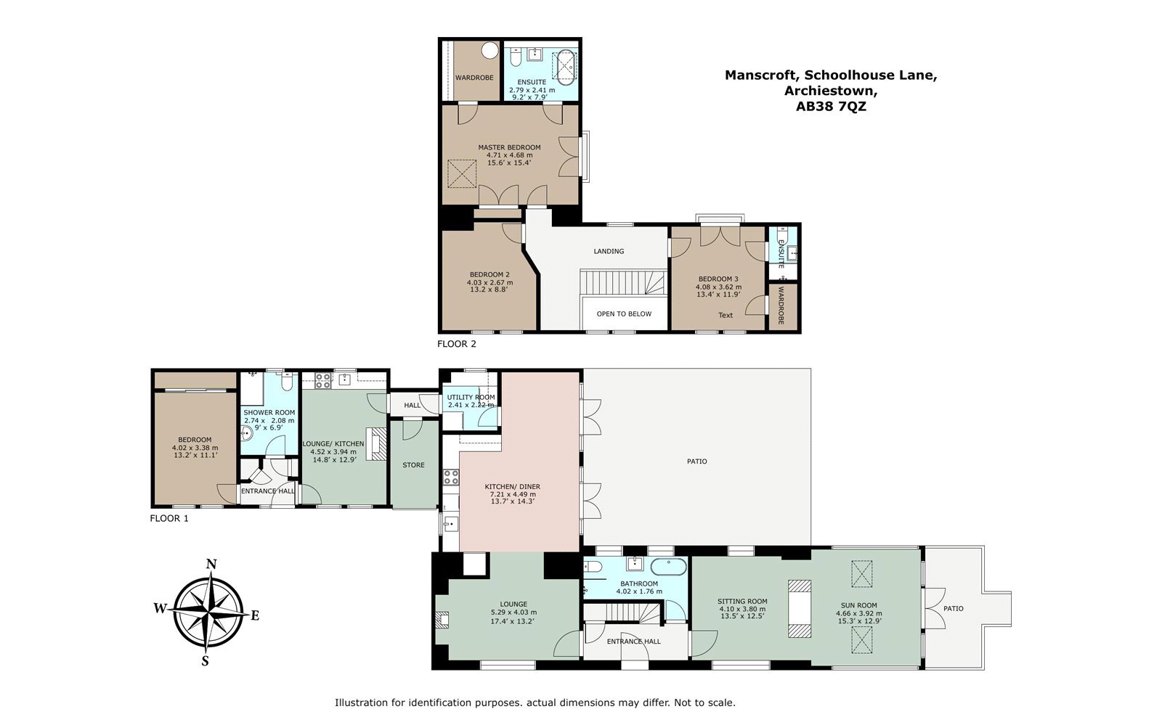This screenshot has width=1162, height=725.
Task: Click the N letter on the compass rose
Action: pos(211,565)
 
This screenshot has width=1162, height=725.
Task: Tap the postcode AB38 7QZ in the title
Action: pos(831,107)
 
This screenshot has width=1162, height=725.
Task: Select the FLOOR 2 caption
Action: pos(457,343)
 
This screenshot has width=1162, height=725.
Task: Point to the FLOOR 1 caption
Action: pos(169,518)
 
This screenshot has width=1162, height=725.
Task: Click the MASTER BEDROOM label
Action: pos(509,147)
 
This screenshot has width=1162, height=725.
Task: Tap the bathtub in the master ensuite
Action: pos(564,68)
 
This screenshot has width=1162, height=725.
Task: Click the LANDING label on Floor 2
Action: pos(609,251)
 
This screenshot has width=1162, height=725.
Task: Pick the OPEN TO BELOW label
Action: pos(624,314)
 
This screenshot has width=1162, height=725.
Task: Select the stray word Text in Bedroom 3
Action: pos(726,315)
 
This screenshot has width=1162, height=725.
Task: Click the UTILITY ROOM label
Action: pos(471,398)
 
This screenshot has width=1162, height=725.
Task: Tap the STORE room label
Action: pos(413,465)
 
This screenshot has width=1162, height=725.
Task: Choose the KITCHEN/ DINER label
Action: pos(513,487)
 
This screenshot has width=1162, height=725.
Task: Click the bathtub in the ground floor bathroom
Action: pos(669,568)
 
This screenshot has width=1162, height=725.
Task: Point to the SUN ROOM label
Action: pos(859,605)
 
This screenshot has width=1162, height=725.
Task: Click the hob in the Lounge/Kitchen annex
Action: pos(323,380)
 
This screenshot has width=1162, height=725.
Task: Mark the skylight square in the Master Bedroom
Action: pos(462,174)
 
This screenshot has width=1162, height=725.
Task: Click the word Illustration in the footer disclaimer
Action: pos(361,703)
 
